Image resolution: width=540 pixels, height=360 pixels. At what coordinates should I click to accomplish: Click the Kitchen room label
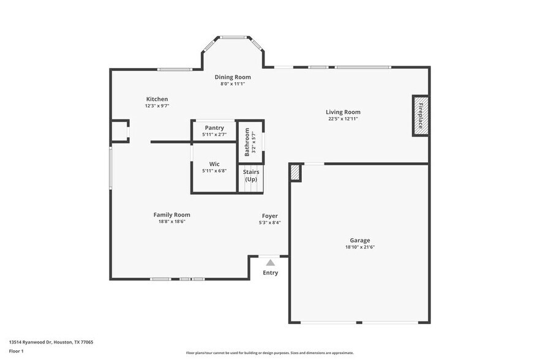click(157, 99)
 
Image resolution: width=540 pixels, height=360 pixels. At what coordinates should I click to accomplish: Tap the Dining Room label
click(233, 77)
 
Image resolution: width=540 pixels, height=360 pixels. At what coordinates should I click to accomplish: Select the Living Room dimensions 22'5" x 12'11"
click(343, 119)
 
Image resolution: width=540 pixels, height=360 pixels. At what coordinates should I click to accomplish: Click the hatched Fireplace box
click(421, 115)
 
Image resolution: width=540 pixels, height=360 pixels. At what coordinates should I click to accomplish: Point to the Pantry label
click(214, 127)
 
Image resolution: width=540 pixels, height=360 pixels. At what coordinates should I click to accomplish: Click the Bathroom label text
click(247, 141)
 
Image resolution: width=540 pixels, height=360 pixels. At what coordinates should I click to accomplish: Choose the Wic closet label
click(214, 164)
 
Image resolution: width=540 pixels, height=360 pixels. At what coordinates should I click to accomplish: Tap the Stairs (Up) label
click(251, 176)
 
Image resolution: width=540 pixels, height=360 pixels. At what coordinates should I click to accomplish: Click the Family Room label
click(171, 215)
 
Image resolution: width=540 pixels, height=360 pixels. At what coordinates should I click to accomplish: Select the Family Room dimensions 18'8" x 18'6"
click(171, 222)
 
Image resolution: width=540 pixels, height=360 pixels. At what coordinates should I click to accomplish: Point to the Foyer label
click(270, 216)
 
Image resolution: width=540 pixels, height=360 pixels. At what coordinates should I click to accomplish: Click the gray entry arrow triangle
click(270, 262)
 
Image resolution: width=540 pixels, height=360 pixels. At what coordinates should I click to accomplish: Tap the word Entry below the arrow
click(270, 273)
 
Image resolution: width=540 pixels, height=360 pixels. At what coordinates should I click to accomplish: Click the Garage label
click(360, 241)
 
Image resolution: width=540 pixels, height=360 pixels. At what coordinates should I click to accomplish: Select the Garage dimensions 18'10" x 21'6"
click(360, 247)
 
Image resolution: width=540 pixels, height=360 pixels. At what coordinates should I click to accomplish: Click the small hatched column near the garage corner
click(295, 173)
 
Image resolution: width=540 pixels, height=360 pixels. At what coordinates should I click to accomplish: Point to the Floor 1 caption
click(16, 351)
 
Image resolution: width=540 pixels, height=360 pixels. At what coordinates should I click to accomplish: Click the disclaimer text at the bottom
click(269, 353)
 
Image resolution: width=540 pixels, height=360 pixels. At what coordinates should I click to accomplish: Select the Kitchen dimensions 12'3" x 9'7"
click(157, 106)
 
